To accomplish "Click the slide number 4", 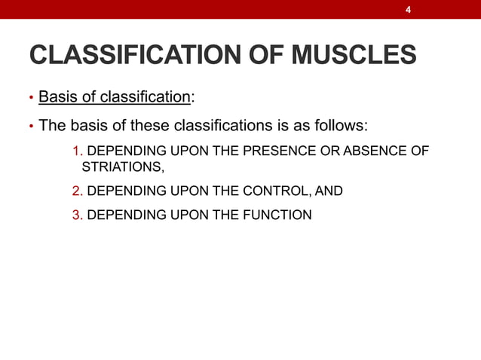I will pyautogui.click(x=408, y=10).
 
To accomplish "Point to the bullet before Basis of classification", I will pyautogui.click(x=31, y=98).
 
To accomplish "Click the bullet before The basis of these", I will pyautogui.click(x=31, y=126).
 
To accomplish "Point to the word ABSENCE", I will pyautogui.click(x=375, y=151).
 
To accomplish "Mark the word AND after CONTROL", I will pyautogui.click(x=328, y=191).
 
